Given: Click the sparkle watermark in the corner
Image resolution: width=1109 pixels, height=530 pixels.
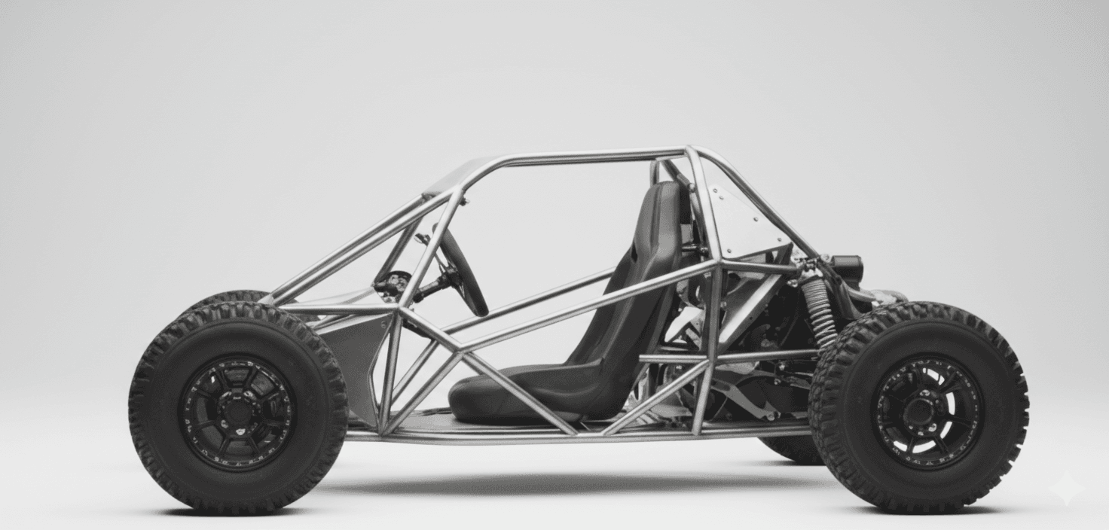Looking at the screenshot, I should (1068, 488).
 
